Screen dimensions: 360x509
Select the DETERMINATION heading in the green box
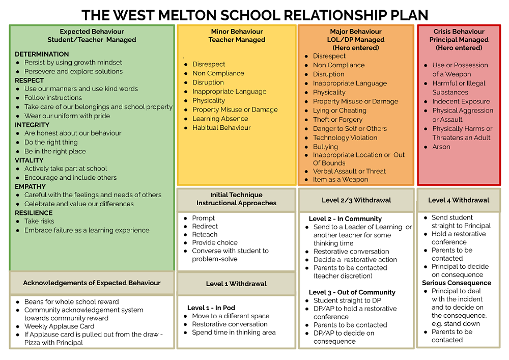pos(42,54)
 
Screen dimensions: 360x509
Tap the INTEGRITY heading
pos(32,125)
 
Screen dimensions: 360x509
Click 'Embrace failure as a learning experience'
pos(87,230)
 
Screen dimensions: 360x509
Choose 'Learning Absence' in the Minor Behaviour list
pos(220,119)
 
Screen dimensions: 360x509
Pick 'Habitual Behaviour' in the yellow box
pos(221,128)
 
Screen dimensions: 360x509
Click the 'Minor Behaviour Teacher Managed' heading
pos(237,36)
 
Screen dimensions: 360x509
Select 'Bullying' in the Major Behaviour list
pos(325,147)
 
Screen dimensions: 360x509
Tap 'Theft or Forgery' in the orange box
pos(337,120)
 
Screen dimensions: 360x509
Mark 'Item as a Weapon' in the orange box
pos(341,179)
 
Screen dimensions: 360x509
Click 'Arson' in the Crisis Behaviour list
pos(441,147)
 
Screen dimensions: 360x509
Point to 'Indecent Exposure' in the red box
pos(461,101)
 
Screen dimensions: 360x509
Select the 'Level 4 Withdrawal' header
pos(458,200)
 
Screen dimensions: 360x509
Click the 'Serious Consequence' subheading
pos(457,283)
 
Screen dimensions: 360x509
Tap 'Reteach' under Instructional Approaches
pos(205,234)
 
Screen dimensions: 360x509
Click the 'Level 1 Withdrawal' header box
pos(236,284)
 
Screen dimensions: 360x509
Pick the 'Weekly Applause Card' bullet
pos(59,326)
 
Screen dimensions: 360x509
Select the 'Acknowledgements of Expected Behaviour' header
pos(92,283)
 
